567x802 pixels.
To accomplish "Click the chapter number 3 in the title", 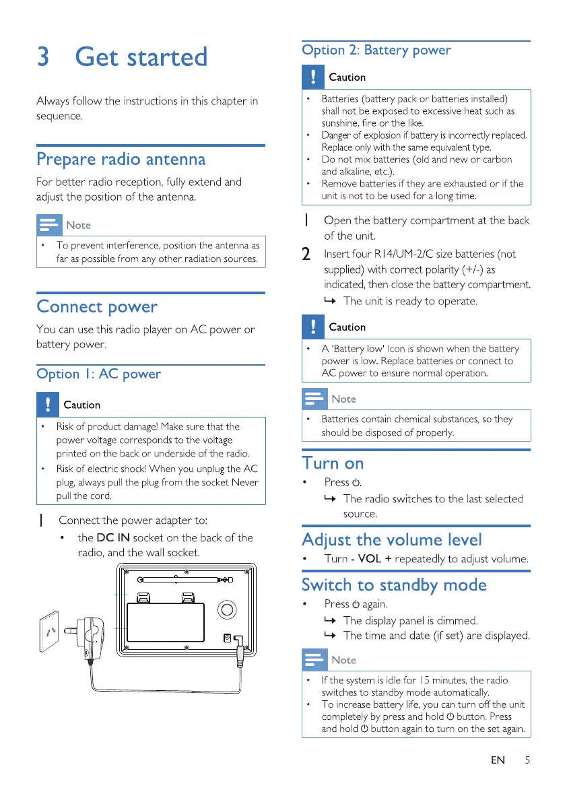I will pos(42,57).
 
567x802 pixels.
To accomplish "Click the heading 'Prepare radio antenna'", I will pos(121,160).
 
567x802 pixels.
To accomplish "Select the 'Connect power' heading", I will pos(97,306).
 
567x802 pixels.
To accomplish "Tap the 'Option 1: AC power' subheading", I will pos(99,374).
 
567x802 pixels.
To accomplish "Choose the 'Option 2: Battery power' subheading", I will pos(376,50).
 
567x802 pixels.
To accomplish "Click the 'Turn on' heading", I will pos(333,463).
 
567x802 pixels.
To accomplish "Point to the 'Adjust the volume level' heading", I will pos(392,539).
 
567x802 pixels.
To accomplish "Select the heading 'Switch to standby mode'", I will pos(394,584).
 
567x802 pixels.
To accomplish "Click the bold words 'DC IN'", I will pos(113,537).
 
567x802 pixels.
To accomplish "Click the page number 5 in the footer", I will pos(527,760).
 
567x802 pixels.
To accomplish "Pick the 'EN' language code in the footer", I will pos(498,760).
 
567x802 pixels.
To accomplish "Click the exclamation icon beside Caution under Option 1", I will pos(48,405).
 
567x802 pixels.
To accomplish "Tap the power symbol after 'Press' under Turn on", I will pos(357,483).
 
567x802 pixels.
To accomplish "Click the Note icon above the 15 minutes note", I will pos(314,659).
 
